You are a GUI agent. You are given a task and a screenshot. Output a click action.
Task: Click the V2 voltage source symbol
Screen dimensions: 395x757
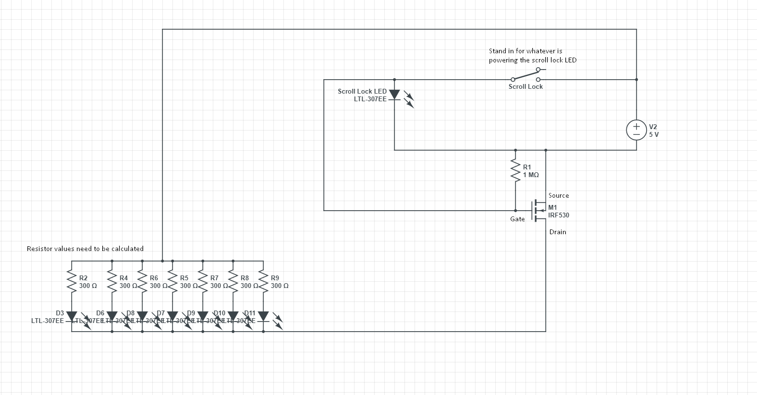(636, 130)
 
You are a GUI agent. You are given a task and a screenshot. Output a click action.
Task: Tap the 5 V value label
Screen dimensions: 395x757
(654, 134)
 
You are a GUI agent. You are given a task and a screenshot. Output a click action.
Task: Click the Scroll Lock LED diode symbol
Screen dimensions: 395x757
(394, 95)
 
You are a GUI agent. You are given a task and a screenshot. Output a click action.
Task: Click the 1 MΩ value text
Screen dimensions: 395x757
(531, 175)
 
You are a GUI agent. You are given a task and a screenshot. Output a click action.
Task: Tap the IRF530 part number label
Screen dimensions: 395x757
(559, 215)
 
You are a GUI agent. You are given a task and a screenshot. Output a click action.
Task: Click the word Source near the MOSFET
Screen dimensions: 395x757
(559, 196)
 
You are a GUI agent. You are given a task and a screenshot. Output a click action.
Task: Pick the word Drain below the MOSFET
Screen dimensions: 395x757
(558, 232)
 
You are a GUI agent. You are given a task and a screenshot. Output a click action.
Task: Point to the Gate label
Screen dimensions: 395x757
(517, 219)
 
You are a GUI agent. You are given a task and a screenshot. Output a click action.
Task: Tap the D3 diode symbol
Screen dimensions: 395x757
(72, 317)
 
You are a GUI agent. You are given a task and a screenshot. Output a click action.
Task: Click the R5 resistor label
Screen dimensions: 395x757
(184, 278)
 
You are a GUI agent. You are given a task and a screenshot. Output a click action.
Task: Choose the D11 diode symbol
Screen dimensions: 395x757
(263, 317)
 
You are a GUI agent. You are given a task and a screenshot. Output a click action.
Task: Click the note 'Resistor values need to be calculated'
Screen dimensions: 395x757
(85, 249)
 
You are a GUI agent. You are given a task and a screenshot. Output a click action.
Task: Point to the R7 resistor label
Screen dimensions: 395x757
(214, 278)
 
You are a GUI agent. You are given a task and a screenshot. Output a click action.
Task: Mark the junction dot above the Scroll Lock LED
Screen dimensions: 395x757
(394, 80)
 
